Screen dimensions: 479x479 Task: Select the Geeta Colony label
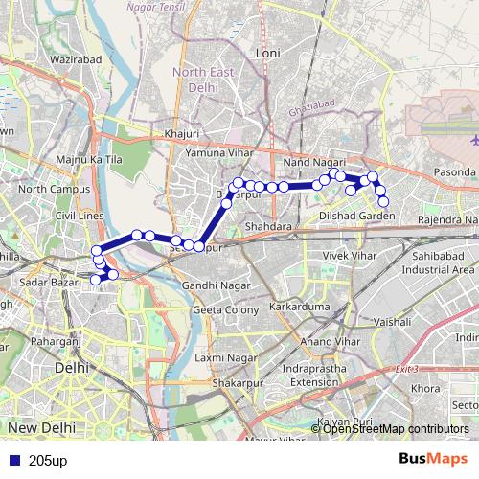(x=221, y=310)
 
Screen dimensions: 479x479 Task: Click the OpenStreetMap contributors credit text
(x=396, y=428)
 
